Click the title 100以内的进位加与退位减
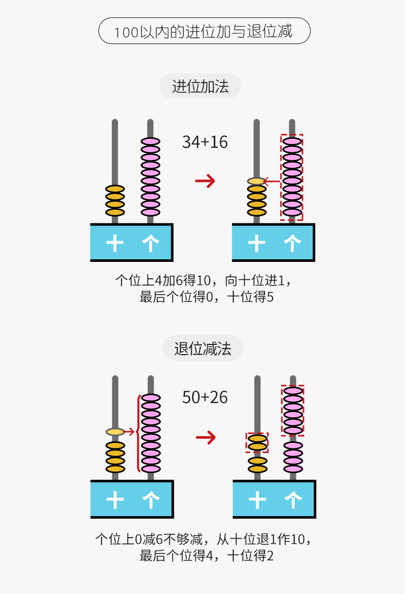pyautogui.click(x=204, y=31)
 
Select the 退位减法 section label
pyautogui.click(x=202, y=349)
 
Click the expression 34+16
pyautogui.click(x=205, y=142)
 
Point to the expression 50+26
pyautogui.click(x=205, y=397)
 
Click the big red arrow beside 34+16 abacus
pyautogui.click(x=205, y=180)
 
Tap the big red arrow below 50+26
pyautogui.click(x=206, y=437)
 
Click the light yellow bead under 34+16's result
pyautogui.click(x=256, y=181)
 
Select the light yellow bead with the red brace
pyautogui.click(x=115, y=432)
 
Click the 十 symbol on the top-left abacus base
pyautogui.click(x=115, y=243)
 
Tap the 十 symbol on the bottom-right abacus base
pyautogui.click(x=257, y=500)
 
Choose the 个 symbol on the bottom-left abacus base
pyautogui.click(x=150, y=500)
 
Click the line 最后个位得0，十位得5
pyautogui.click(x=207, y=297)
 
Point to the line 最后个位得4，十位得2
pyautogui.click(x=207, y=556)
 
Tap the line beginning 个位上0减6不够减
pyautogui.click(x=204, y=539)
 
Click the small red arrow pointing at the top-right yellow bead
pyautogui.click(x=272, y=181)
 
